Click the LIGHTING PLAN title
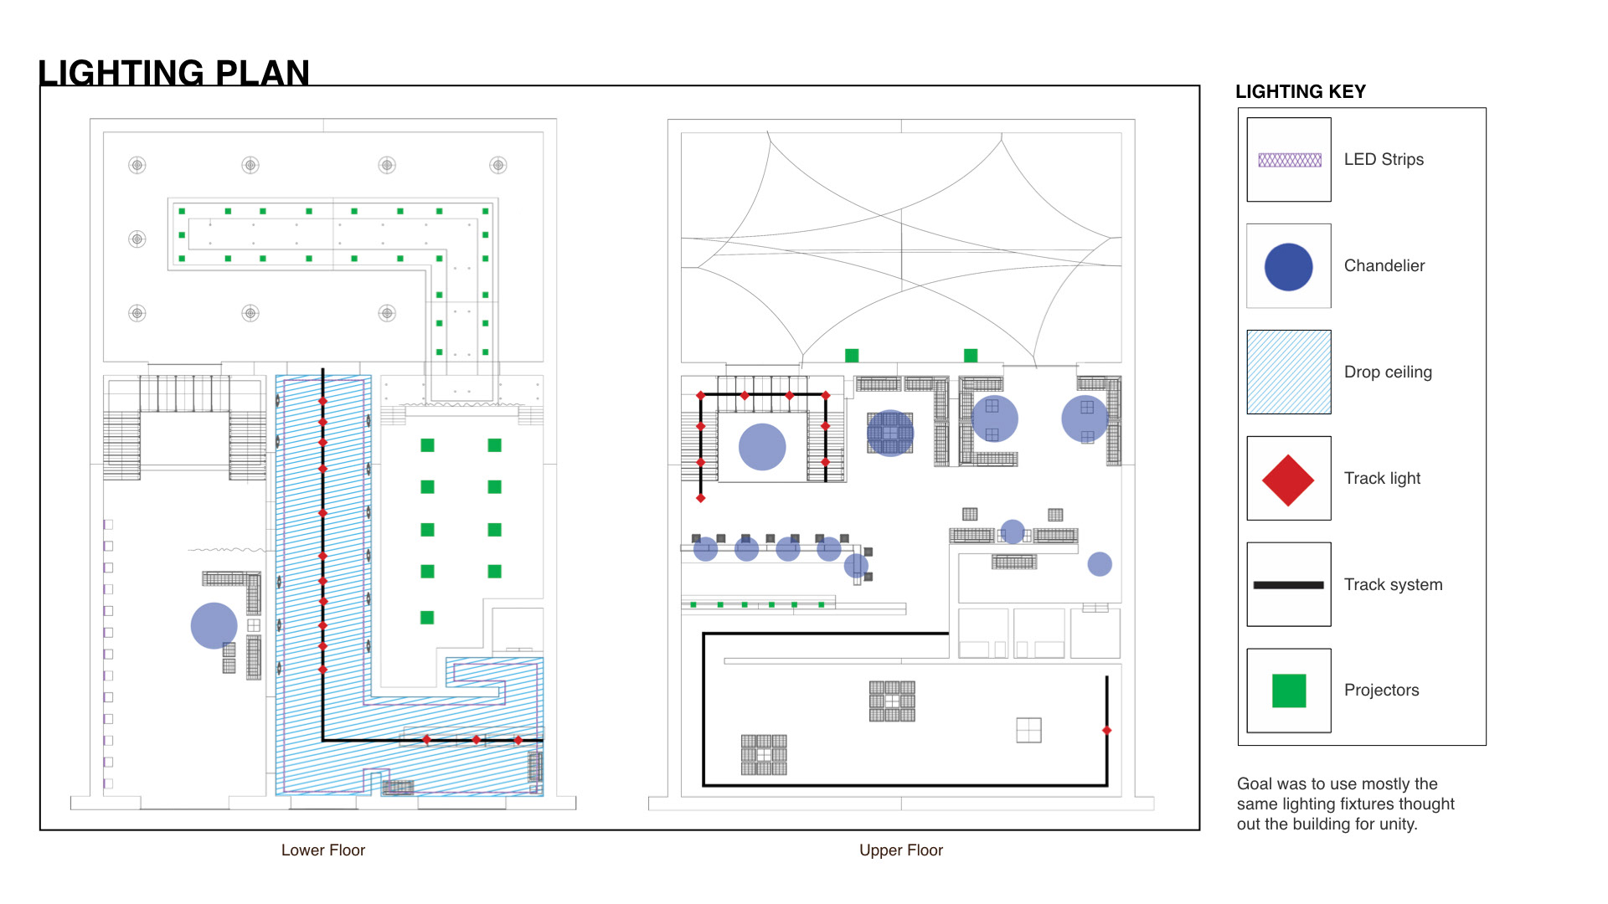(x=173, y=73)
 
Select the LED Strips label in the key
(x=1384, y=159)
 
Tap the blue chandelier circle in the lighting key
(x=1288, y=267)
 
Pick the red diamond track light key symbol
(x=1288, y=480)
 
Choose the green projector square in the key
(x=1289, y=691)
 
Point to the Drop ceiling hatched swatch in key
(x=1289, y=372)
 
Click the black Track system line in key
(x=1288, y=585)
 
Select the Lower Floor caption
(x=323, y=850)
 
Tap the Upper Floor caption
(x=901, y=850)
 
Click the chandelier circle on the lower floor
(x=214, y=625)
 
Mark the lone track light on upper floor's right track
(x=1106, y=731)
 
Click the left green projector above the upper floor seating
(x=852, y=356)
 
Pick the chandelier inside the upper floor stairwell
(x=762, y=447)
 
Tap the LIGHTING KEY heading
(x=1301, y=91)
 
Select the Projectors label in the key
(x=1381, y=690)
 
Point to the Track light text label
(x=1382, y=478)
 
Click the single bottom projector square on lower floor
(x=427, y=618)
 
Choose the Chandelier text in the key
(x=1384, y=265)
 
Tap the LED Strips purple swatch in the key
(x=1290, y=160)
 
